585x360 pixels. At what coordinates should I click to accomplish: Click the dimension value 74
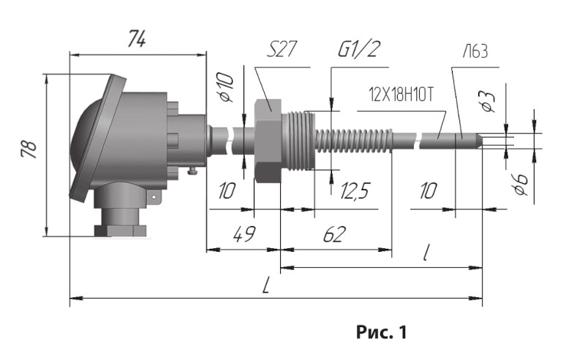pos(137,39)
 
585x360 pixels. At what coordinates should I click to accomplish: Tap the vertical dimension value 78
pos(29,149)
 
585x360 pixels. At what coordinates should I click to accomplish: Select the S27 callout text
pos(282,49)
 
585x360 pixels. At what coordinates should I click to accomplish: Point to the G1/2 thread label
pos(359,49)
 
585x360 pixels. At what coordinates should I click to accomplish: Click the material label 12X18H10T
pos(401,94)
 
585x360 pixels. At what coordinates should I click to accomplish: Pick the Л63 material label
pos(475,51)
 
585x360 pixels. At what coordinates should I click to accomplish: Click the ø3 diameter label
pos(488,101)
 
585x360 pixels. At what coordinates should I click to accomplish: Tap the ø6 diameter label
pos(521,184)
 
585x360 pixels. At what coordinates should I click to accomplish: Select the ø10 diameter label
pos(226,87)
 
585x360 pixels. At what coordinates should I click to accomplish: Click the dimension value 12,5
pos(355,191)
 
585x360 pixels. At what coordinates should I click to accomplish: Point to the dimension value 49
pos(244,234)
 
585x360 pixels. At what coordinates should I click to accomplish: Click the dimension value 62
pos(334,234)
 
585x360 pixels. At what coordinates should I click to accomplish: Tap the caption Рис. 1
pos(381,331)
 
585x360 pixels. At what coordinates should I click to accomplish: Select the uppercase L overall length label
pos(266,285)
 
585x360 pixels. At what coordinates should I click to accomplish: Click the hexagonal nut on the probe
pos(268,141)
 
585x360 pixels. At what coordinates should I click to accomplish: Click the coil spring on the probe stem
pos(355,140)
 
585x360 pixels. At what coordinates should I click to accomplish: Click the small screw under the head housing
pos(192,171)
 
